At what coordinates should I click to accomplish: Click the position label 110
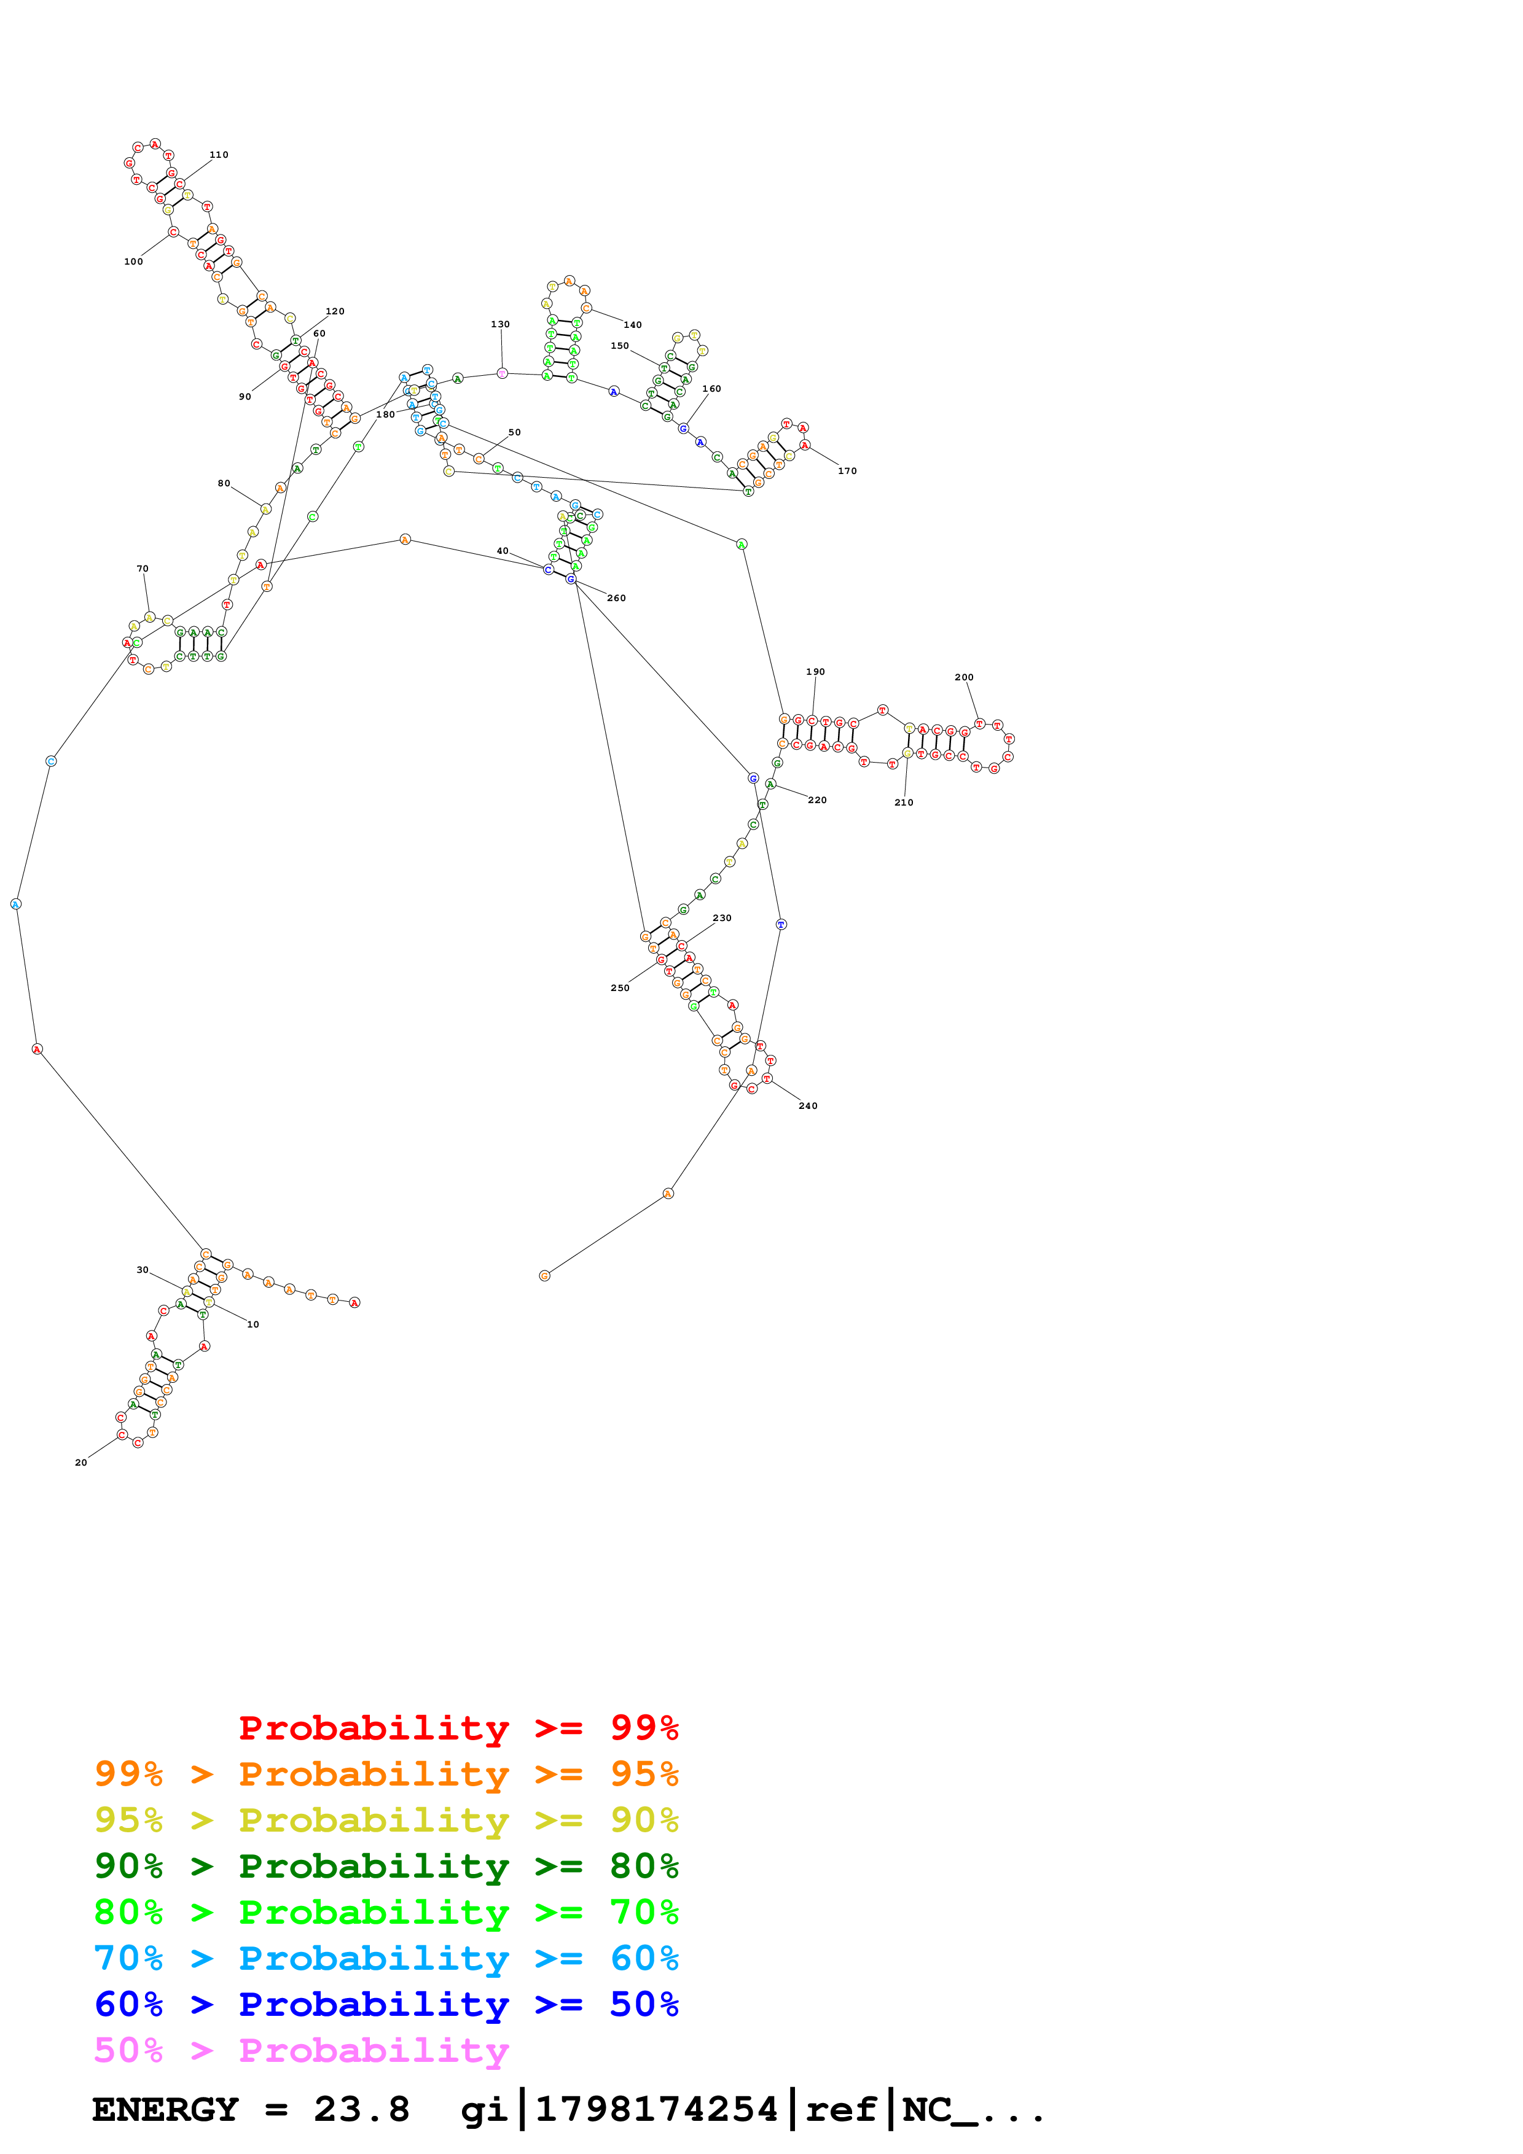coord(219,155)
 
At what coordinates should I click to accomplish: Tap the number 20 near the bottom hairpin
coord(80,1463)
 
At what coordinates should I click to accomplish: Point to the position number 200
coord(964,677)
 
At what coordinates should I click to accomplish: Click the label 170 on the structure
coord(847,471)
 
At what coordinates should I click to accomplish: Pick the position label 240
coord(808,1106)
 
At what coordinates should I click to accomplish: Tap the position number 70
coord(143,569)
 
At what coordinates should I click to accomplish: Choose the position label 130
coord(500,325)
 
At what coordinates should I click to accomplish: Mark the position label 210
coord(904,803)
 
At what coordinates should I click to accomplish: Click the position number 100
coord(133,262)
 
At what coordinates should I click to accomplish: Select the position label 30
coord(143,1270)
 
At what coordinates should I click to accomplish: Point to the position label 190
coord(815,672)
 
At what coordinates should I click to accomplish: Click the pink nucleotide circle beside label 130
coord(502,373)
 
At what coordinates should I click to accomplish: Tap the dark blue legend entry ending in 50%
coord(386,2004)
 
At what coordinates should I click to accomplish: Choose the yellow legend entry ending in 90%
coord(386,1819)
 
